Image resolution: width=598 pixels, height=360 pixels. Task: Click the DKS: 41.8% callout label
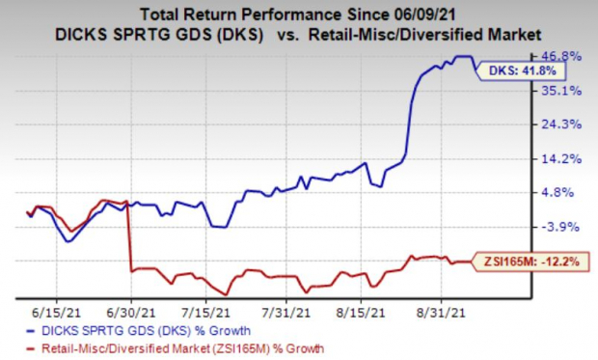pos(533,70)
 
